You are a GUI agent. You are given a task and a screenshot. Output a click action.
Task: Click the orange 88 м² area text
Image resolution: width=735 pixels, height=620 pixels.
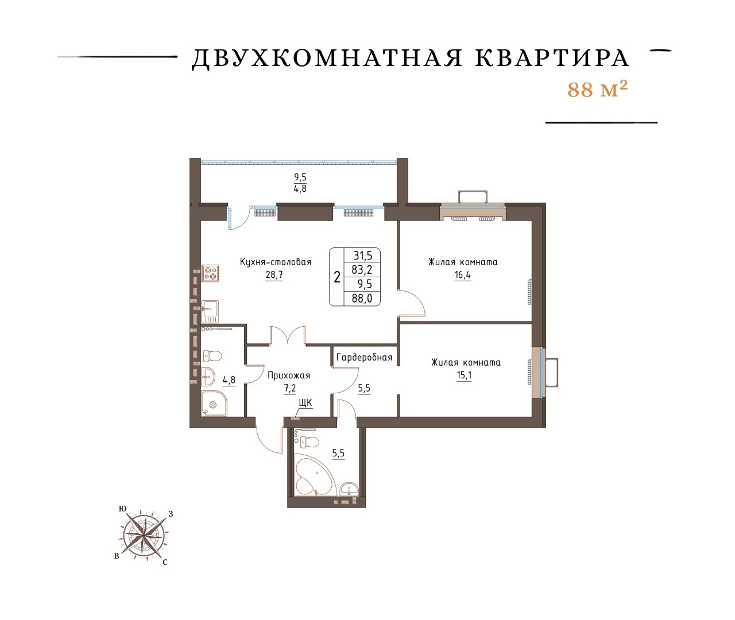click(x=597, y=90)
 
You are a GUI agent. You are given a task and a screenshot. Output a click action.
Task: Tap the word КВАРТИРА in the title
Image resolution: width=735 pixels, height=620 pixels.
click(x=552, y=59)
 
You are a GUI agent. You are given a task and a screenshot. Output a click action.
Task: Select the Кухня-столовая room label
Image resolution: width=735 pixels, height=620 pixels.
click(x=276, y=262)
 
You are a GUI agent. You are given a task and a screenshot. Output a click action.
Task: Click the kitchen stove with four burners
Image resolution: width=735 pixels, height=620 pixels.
click(x=210, y=273)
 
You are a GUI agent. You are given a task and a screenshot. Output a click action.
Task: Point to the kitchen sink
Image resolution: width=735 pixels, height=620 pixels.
click(x=210, y=311)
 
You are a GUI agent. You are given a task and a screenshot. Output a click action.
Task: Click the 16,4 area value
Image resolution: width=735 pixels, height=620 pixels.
click(x=463, y=274)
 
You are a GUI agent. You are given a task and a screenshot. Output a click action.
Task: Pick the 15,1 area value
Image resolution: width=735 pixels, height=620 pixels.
click(x=464, y=375)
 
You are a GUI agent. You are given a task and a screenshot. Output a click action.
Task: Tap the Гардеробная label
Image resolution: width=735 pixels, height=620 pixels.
click(x=364, y=358)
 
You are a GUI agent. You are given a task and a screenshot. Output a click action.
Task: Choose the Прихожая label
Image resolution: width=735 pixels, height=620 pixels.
click(x=289, y=375)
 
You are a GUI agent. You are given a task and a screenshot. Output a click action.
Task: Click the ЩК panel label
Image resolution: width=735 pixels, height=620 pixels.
click(x=305, y=402)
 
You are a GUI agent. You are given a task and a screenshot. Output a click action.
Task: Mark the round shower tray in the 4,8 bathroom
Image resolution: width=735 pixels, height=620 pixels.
click(x=214, y=404)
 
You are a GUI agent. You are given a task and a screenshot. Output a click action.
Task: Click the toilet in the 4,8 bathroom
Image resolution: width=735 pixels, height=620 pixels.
click(x=212, y=356)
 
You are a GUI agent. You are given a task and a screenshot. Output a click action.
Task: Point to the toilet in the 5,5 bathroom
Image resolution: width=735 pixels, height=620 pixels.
click(x=309, y=441)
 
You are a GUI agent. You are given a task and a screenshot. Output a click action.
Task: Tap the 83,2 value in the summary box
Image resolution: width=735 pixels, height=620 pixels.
click(x=362, y=270)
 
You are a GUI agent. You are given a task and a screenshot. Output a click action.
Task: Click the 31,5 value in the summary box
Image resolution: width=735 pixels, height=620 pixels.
click(x=362, y=255)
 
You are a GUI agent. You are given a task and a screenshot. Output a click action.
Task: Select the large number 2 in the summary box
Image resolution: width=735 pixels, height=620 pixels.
click(x=337, y=277)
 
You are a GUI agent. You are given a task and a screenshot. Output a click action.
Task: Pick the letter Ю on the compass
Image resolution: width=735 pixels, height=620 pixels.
click(x=122, y=509)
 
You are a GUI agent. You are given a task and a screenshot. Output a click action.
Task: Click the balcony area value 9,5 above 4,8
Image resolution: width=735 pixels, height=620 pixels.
click(x=300, y=177)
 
